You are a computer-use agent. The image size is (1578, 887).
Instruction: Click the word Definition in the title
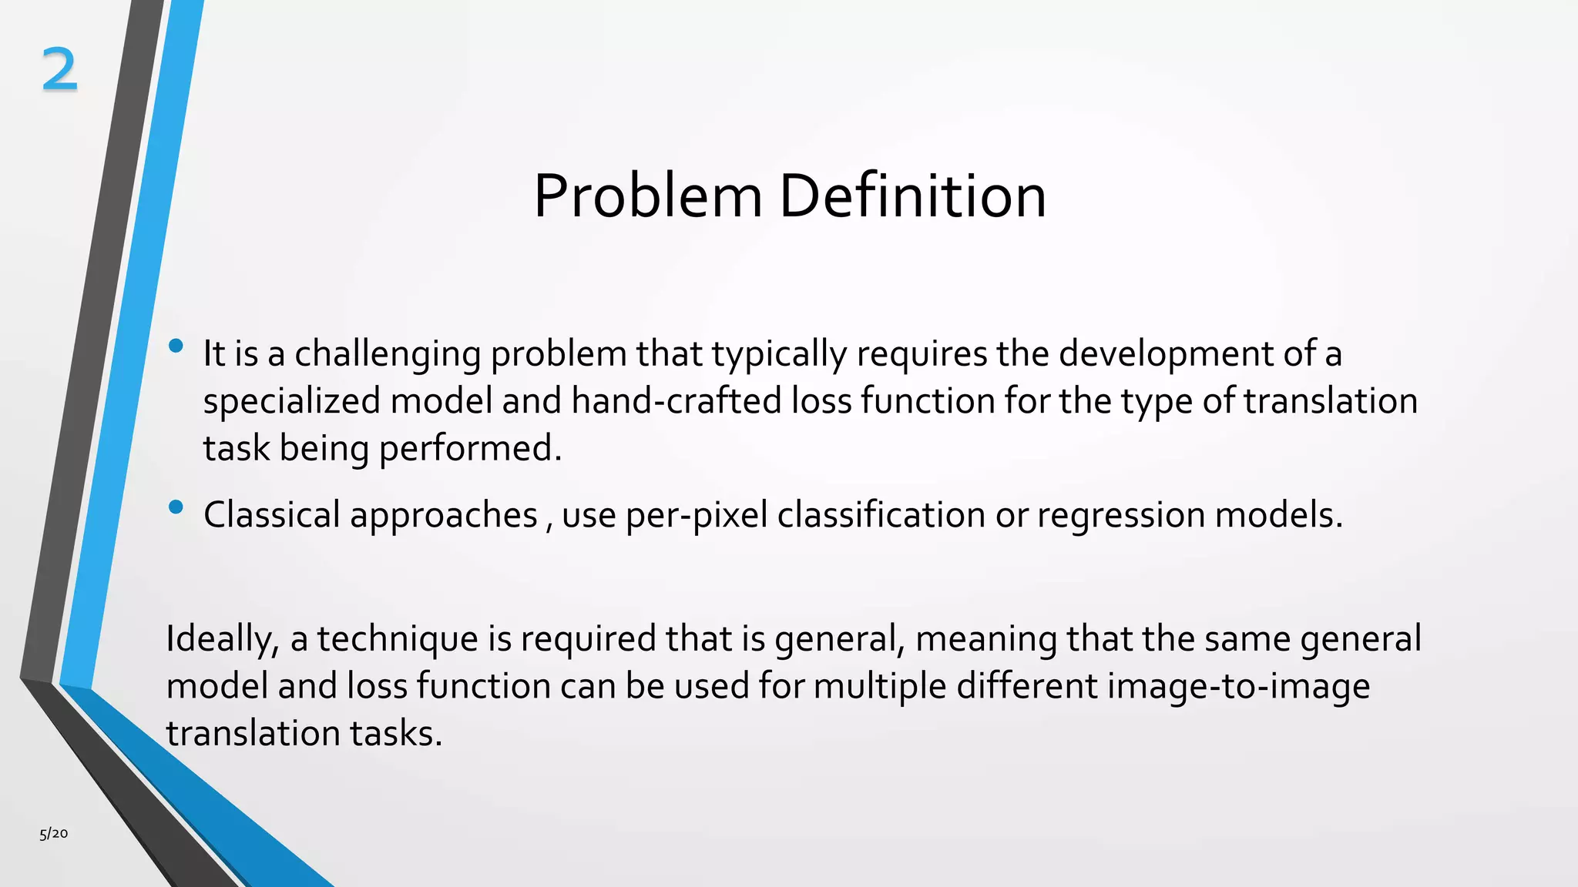(x=912, y=196)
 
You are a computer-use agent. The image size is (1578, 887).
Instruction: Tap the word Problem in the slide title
(x=647, y=196)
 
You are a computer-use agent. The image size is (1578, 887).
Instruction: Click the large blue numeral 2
(x=59, y=69)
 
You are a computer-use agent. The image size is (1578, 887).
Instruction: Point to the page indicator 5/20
(x=54, y=833)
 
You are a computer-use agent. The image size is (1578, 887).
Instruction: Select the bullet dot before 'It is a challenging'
(x=176, y=346)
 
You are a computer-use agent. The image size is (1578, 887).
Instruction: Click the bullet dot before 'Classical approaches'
(x=176, y=507)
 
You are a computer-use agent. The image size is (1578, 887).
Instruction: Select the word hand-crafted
(x=677, y=400)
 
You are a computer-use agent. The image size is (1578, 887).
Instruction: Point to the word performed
(x=470, y=448)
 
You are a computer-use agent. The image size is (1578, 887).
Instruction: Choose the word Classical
(x=271, y=514)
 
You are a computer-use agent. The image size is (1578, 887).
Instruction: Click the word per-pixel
(x=696, y=515)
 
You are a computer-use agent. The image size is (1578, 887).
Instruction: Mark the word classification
(x=881, y=514)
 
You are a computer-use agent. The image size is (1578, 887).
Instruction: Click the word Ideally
(x=222, y=639)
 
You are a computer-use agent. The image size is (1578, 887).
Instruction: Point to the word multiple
(x=879, y=686)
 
